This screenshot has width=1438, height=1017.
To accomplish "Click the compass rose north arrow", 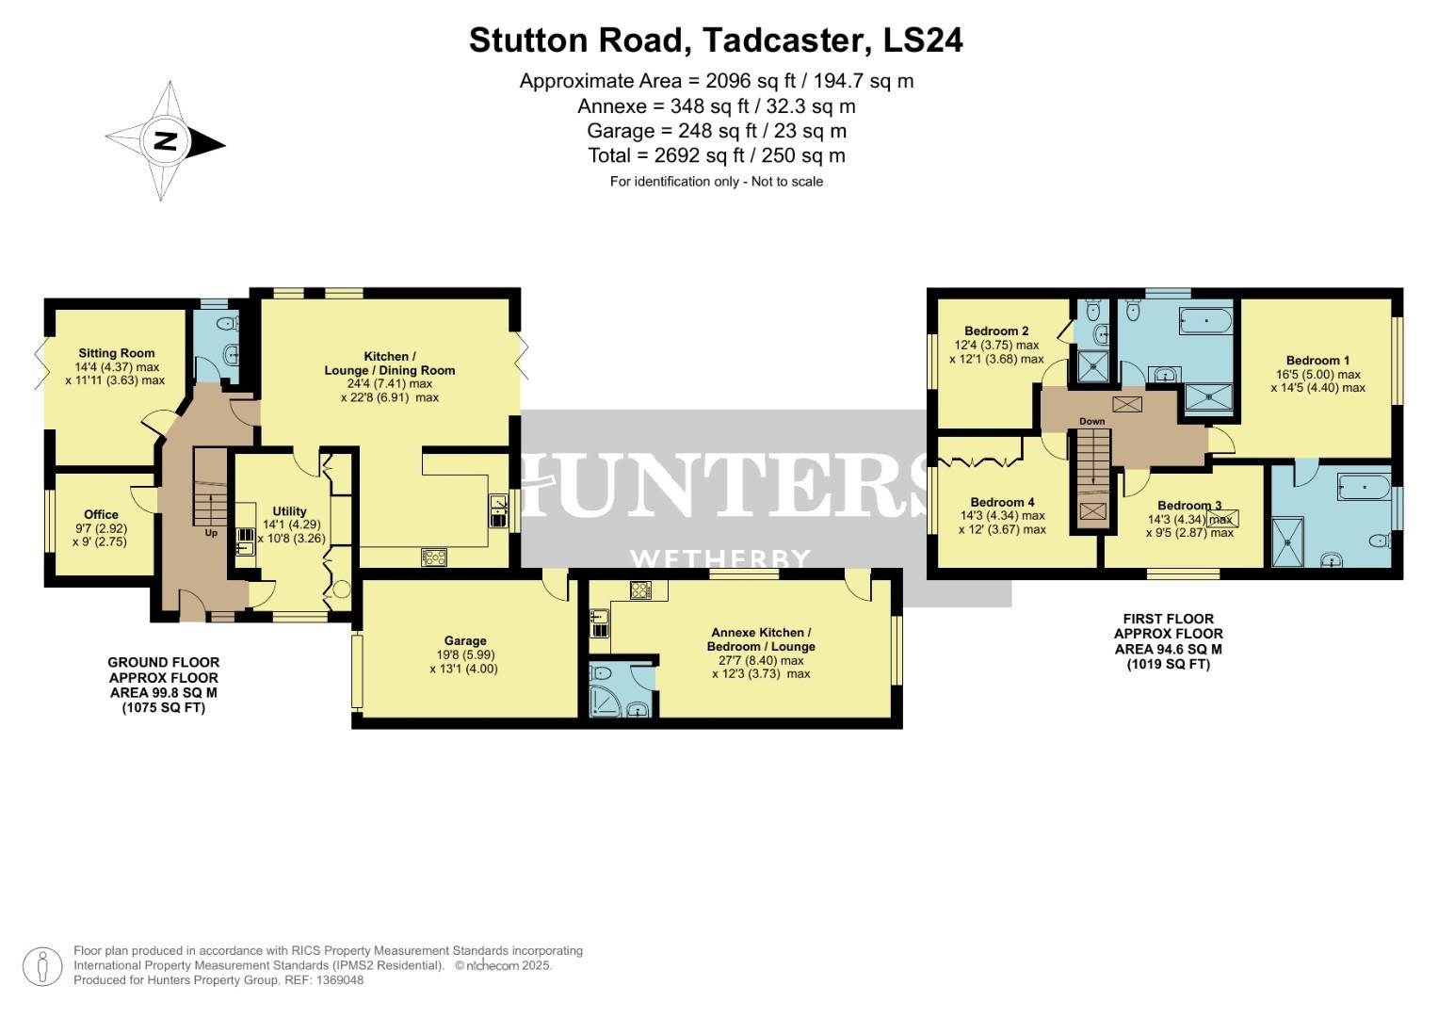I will pos(166,142).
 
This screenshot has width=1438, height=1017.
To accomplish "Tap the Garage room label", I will pos(465,640).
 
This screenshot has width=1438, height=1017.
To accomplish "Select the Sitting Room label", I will pos(117,354).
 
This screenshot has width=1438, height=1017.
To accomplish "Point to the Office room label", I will pos(101,514).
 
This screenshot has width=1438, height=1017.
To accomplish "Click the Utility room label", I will pos(289,511).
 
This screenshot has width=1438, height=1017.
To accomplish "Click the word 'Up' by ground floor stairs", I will pos(211,533).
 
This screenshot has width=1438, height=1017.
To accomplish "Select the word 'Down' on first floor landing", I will pos(1091,421).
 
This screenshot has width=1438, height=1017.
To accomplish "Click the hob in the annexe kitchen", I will pos(640,590).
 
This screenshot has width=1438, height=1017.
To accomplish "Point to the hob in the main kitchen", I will pos(434,557).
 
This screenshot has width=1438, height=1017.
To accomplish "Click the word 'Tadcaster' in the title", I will pos(784,40).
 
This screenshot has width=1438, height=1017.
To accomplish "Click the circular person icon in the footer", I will pos(42,966).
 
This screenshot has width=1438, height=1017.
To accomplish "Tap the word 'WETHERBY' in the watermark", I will pos(720,560).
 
